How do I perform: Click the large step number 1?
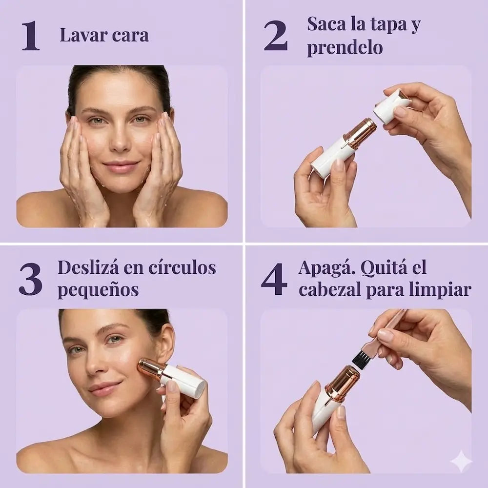[30, 36]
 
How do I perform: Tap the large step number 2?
[276, 36]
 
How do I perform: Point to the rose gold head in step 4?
[343, 383]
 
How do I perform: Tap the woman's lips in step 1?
[120, 167]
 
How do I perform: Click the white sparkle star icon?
[461, 461]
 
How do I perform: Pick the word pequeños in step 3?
[98, 290]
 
